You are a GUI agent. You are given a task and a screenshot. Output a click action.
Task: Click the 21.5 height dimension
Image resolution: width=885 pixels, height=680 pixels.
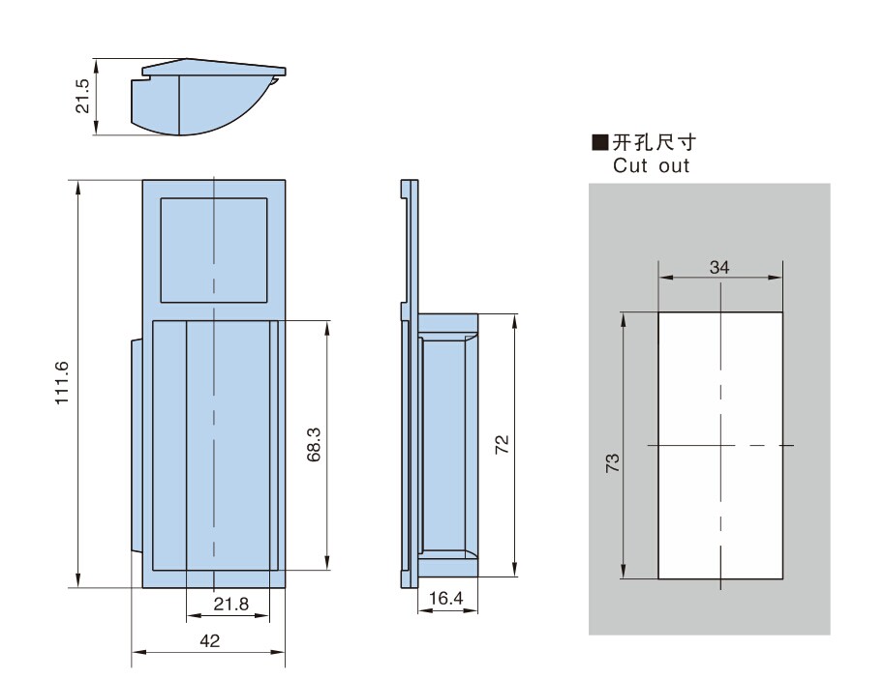(83, 97)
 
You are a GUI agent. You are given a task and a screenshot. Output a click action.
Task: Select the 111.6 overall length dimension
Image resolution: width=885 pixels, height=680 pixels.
(63, 384)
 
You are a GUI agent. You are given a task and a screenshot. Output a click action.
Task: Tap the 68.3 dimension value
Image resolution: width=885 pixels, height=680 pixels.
(314, 445)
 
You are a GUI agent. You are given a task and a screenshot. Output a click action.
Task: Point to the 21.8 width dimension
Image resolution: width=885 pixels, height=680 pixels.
(230, 605)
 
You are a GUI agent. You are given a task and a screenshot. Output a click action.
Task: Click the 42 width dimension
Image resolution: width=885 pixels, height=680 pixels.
(209, 640)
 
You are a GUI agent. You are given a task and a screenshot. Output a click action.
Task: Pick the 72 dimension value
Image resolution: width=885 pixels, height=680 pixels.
(502, 444)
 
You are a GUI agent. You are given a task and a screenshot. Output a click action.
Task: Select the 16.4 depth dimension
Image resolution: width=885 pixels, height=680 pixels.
(445, 600)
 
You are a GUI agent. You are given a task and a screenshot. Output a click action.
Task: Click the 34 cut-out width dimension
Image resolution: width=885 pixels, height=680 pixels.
(719, 267)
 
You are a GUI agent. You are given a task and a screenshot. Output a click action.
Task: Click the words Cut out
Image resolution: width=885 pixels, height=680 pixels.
(651, 165)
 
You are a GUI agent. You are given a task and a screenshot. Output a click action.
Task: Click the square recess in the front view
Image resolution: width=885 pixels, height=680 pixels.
(213, 250)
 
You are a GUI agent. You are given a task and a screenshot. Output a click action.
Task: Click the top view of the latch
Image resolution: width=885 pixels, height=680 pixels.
(208, 97)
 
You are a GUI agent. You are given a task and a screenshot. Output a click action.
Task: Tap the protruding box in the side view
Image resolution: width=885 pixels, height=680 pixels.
(448, 445)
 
